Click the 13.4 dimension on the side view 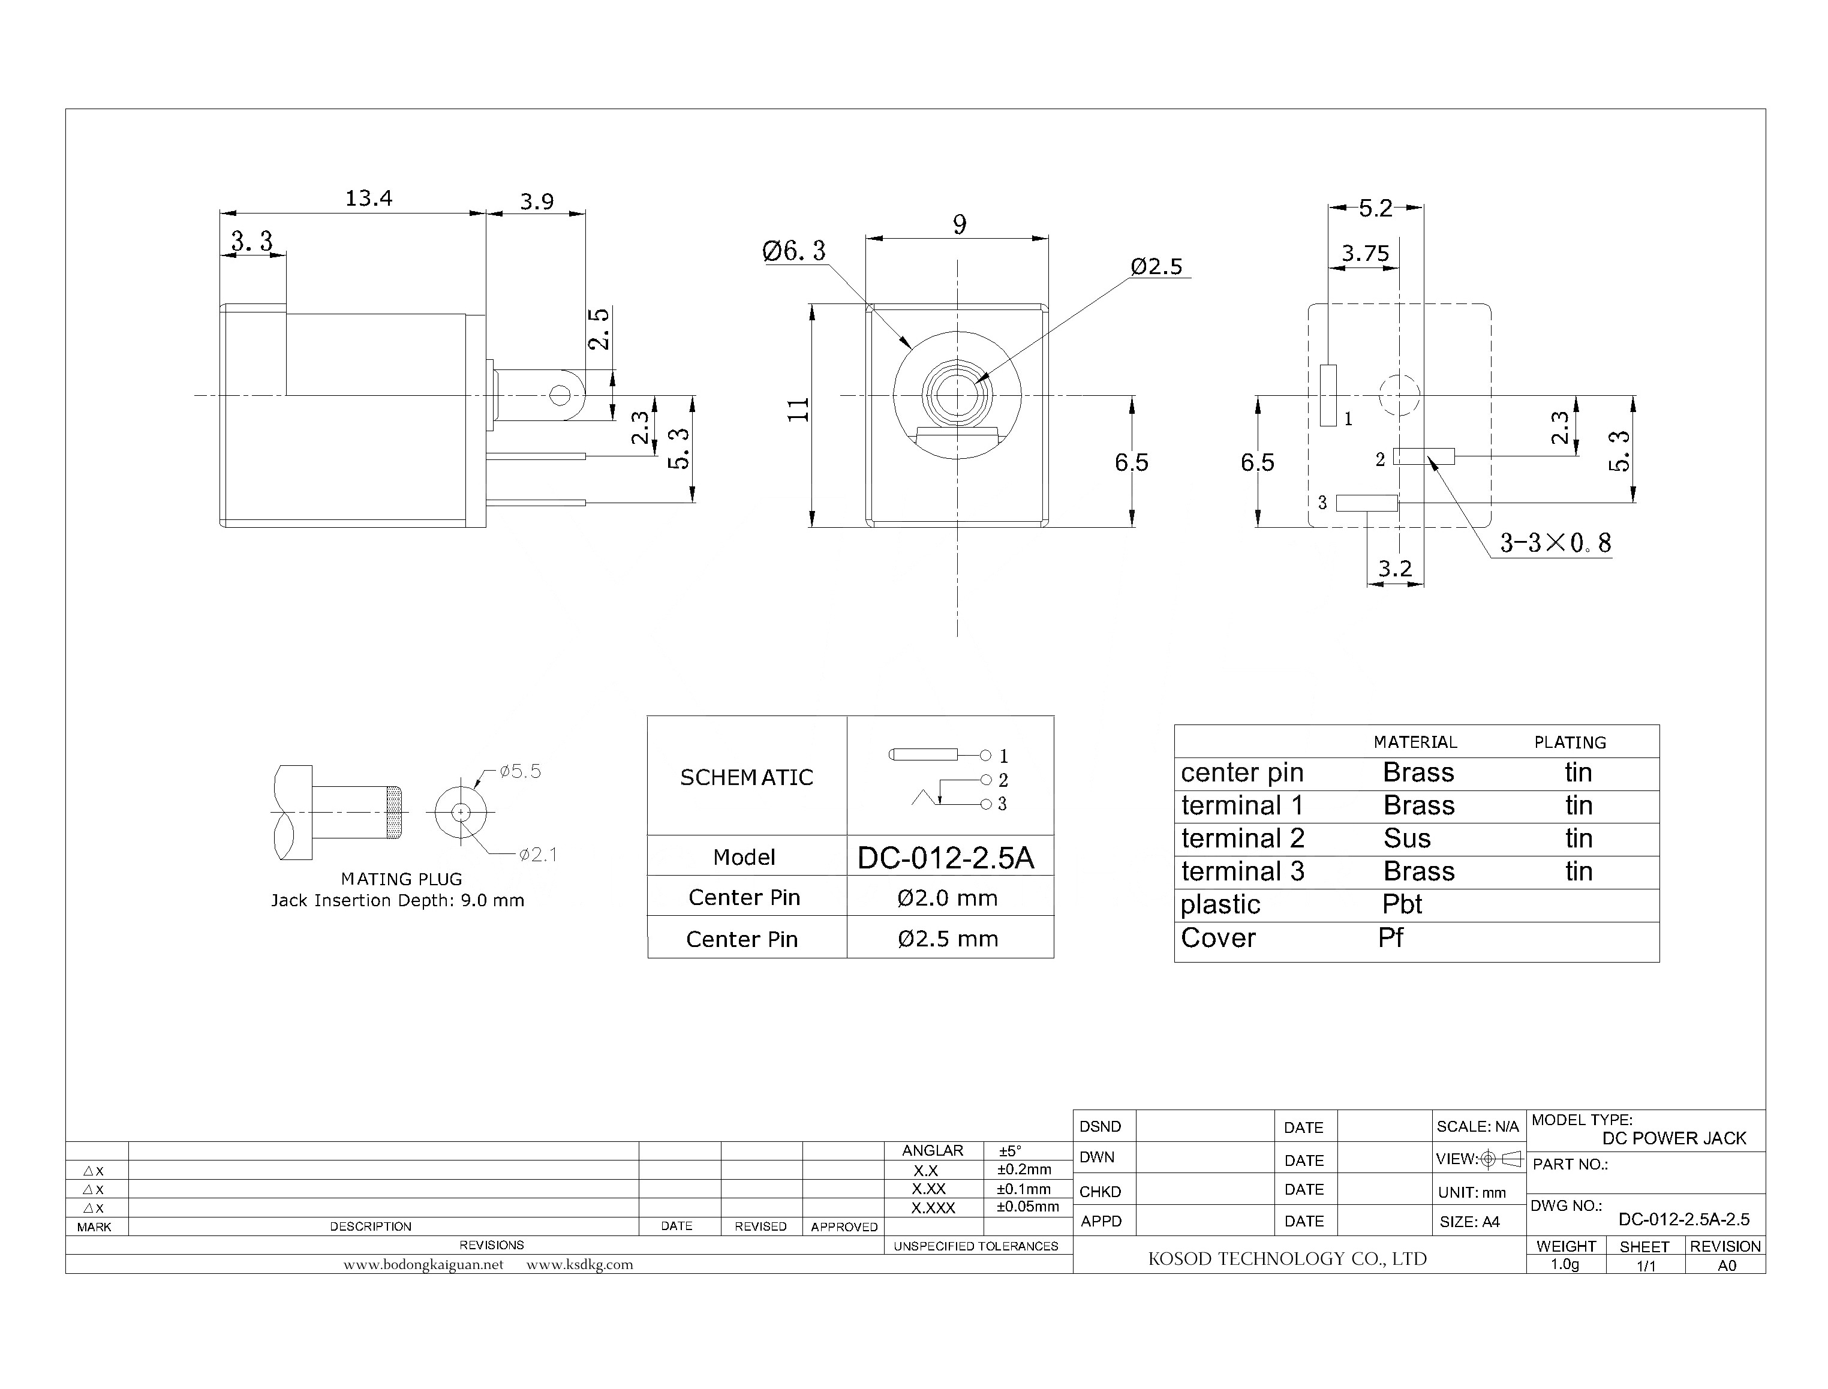coord(369,199)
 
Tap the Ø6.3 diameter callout coord(793,251)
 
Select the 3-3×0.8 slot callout coord(1555,543)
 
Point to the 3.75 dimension coord(1365,253)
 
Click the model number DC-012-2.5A coord(945,858)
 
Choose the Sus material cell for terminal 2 coord(1406,838)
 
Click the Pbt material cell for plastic coord(1402,904)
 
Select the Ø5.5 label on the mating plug coord(520,771)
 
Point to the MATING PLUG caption coord(402,879)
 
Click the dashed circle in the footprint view coord(1399,395)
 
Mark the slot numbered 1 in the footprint coord(1328,395)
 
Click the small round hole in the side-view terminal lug coord(560,395)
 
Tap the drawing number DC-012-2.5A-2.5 coord(1684,1219)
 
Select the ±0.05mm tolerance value coord(1028,1206)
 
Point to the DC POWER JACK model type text coord(1674,1138)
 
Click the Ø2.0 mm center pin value coord(948,898)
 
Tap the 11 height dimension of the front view coord(798,410)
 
